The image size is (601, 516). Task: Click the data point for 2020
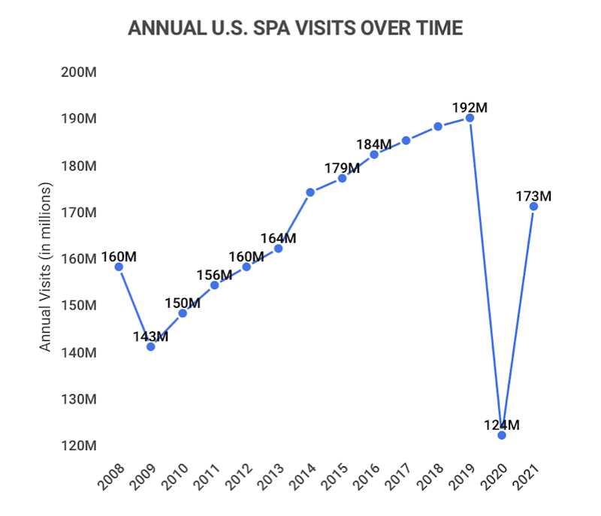tap(502, 435)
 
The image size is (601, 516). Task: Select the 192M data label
tap(470, 107)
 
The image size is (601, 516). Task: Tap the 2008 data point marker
tap(119, 267)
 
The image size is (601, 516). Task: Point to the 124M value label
tap(502, 425)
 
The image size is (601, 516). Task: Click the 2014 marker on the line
tap(310, 192)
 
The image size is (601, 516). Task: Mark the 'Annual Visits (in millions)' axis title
tap(46, 267)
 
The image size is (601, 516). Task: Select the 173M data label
tap(534, 197)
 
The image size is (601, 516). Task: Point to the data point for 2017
tap(406, 140)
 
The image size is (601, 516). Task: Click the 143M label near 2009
tap(150, 336)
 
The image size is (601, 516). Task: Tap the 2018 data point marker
tap(438, 126)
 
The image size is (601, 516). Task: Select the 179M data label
tap(342, 168)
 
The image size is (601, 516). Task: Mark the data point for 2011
tap(214, 285)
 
